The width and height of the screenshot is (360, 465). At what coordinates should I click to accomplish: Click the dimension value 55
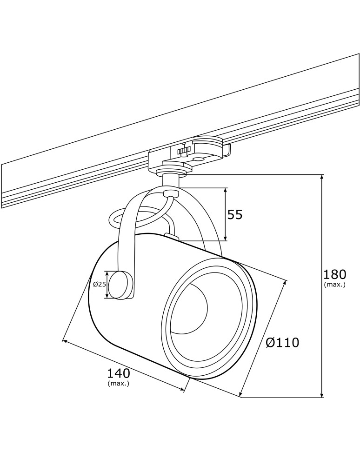[235, 214]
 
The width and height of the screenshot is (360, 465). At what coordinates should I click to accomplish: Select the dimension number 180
[334, 274]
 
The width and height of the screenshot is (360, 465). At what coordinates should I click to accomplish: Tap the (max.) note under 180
[334, 285]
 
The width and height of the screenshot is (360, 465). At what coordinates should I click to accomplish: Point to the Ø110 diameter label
[282, 343]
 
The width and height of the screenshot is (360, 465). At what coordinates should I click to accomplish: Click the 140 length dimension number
[119, 373]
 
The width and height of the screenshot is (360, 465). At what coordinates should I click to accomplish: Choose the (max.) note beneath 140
[118, 384]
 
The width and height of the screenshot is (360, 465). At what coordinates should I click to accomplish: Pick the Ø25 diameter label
[100, 284]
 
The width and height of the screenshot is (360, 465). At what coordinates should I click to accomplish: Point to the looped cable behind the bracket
[114, 219]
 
